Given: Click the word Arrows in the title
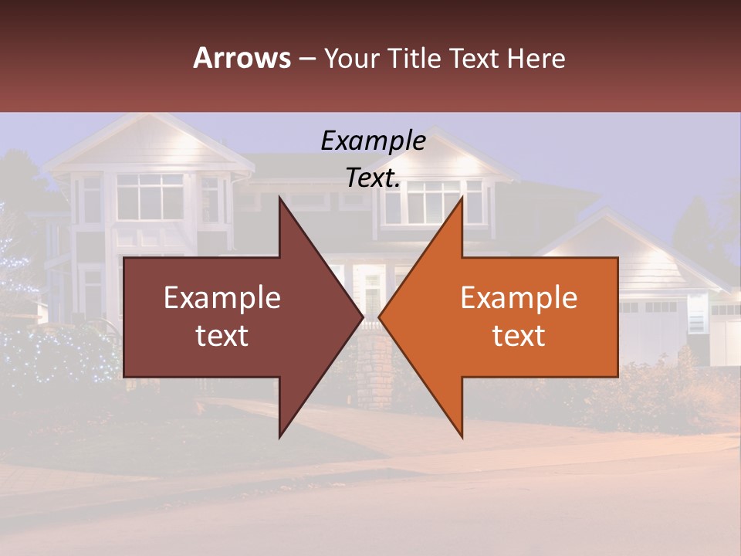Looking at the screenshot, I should click(242, 58).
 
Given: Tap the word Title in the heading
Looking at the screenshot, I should click(417, 58).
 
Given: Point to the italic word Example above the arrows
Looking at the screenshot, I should click(373, 141).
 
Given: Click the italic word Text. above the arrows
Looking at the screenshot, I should click(373, 178).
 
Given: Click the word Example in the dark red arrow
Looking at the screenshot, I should click(222, 297).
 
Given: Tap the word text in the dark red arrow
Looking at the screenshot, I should click(222, 335).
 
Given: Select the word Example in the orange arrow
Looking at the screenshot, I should click(519, 297).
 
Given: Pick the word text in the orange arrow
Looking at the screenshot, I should click(519, 335).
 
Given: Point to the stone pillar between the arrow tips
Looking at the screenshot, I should click(371, 371).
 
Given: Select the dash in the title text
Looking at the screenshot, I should click(306, 59).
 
